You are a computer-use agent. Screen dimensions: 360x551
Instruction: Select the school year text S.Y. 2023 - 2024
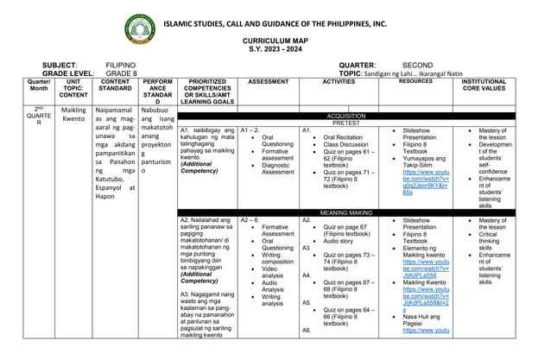(x=275, y=49)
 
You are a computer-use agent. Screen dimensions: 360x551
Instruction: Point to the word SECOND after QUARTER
(x=418, y=65)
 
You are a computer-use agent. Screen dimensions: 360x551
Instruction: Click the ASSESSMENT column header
(x=268, y=82)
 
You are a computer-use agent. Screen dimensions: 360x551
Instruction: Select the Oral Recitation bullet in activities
(x=344, y=137)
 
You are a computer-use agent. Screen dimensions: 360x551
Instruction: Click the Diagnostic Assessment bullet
(x=277, y=167)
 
